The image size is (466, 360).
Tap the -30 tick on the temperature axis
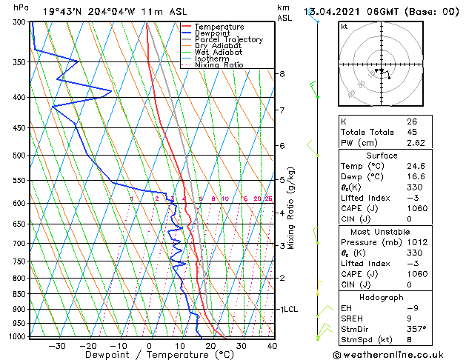click(57, 345)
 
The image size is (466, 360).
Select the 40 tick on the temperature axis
click(272, 345)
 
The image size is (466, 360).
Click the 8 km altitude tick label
click(282, 74)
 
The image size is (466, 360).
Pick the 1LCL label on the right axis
click(288, 309)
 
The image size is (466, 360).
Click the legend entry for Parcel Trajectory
click(228, 39)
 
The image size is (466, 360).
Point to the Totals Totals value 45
click(411, 132)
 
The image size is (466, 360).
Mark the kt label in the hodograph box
click(344, 27)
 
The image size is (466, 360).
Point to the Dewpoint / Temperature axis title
click(149, 355)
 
